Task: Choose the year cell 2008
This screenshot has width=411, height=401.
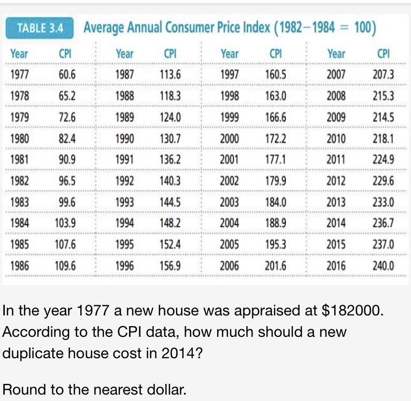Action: click(336, 97)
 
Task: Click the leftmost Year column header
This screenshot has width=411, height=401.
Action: click(19, 53)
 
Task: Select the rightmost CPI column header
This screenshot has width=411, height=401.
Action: click(383, 53)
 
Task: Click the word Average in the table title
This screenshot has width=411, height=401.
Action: click(105, 28)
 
